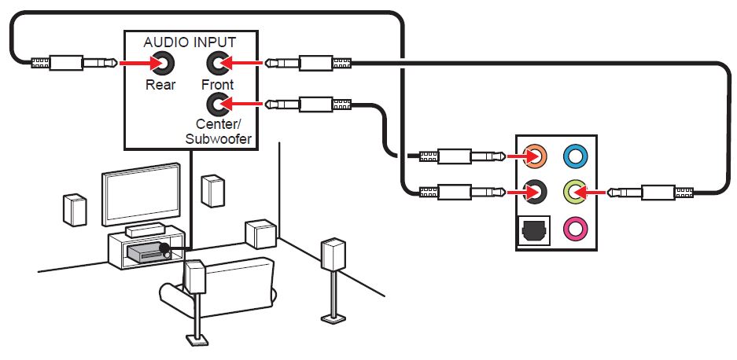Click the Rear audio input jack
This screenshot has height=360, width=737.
[x=162, y=62]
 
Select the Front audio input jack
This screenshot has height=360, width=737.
[x=216, y=62]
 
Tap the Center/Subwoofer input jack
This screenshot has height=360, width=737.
[x=216, y=103]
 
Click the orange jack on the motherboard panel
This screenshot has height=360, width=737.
[x=536, y=156]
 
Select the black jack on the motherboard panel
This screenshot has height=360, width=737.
[x=536, y=189]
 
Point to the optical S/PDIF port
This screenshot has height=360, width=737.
[x=536, y=230]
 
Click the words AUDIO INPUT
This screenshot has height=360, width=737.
[x=189, y=42]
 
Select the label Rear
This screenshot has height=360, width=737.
[x=160, y=85]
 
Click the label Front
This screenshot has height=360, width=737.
[x=217, y=85]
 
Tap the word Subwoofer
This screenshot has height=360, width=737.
[x=218, y=140]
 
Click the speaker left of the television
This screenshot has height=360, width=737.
[x=75, y=209]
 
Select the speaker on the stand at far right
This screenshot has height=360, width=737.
[x=334, y=255]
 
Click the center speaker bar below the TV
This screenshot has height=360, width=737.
[x=145, y=230]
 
